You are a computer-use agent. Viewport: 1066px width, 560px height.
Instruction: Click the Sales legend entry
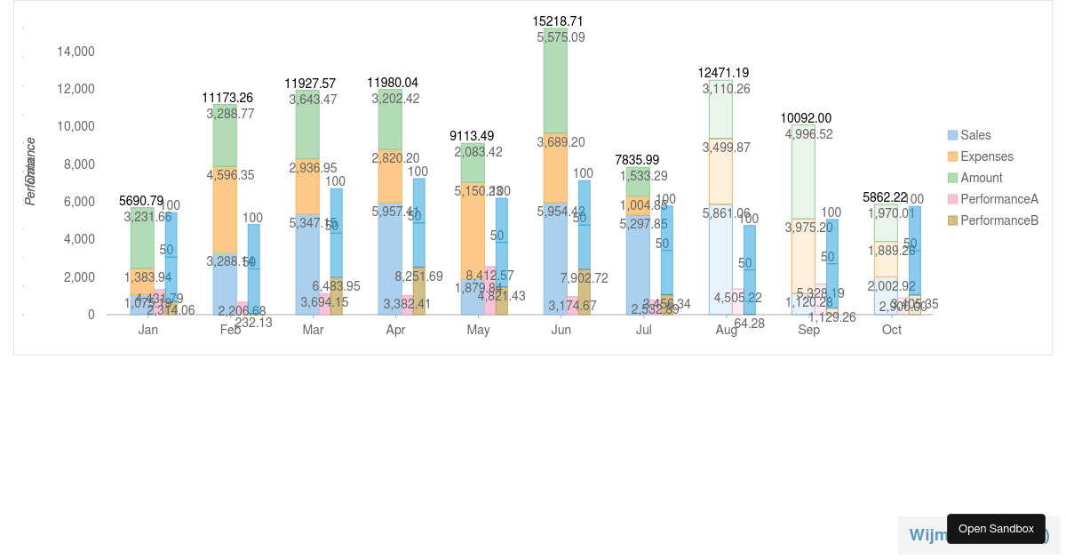coord(975,135)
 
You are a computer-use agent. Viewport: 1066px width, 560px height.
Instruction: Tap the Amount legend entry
coord(981,178)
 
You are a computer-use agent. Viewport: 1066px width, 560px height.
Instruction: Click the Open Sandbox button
coord(996,529)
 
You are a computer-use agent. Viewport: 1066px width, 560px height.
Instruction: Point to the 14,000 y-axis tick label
coord(76,52)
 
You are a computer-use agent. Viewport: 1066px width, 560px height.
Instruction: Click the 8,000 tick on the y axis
coord(79,164)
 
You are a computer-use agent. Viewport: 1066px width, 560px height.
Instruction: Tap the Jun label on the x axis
coord(561,330)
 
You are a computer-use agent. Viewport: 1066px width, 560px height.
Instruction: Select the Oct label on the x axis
coord(891,330)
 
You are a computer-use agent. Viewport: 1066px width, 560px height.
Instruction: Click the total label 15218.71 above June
coord(558,20)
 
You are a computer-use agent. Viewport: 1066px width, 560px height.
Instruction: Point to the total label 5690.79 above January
coord(141,201)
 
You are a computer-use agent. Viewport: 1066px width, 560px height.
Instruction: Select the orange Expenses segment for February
coord(225,210)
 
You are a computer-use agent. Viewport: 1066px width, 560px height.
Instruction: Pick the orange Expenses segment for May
coord(473,231)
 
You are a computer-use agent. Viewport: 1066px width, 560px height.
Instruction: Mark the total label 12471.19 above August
coord(722,73)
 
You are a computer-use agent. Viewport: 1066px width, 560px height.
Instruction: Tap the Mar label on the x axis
coord(313,330)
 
